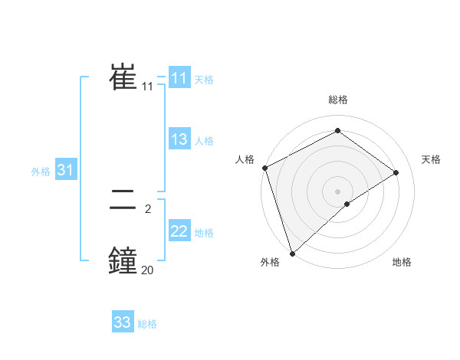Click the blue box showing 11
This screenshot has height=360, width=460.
tap(179, 78)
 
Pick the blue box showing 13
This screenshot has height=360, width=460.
tap(179, 139)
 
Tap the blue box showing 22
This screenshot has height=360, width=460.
tap(179, 231)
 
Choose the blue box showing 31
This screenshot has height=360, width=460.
tap(65, 171)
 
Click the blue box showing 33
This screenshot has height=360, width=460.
tap(123, 322)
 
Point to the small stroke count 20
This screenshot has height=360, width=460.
tap(147, 270)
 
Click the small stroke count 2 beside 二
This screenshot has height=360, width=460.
tap(147, 208)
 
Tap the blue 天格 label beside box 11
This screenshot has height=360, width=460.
tap(204, 80)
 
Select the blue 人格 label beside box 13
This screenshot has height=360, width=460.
tap(204, 141)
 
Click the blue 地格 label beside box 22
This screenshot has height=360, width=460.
tap(204, 233)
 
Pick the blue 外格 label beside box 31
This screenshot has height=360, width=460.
tap(41, 172)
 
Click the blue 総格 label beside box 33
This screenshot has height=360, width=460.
tap(147, 324)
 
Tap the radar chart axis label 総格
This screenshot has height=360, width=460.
tap(337, 100)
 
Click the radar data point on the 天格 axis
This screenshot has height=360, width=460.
tap(396, 172)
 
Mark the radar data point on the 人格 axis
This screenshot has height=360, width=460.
tap(264, 168)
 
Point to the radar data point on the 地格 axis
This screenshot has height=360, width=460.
tap(347, 204)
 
